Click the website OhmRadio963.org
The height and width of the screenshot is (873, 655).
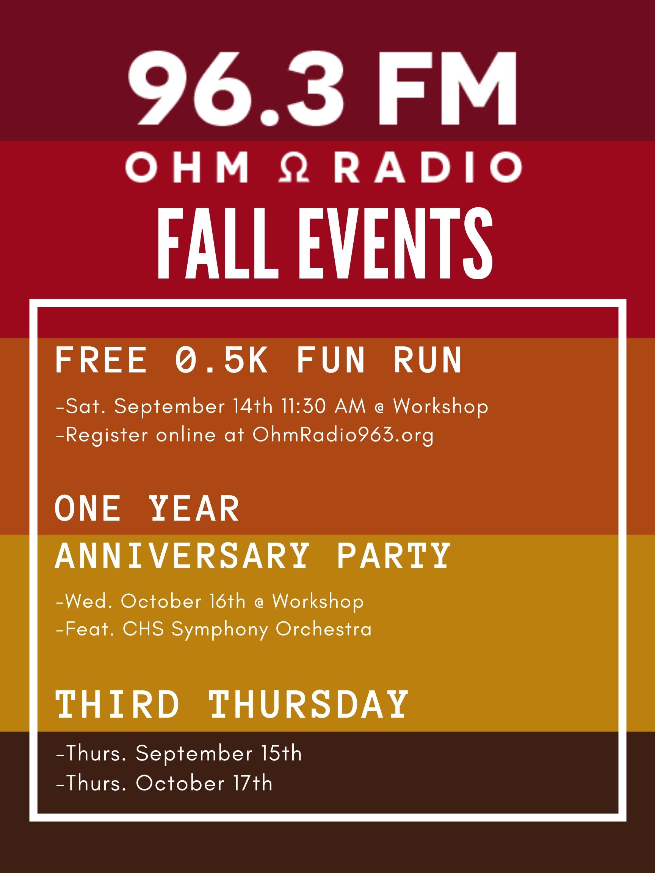343,435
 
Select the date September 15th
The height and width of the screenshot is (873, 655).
219,753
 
